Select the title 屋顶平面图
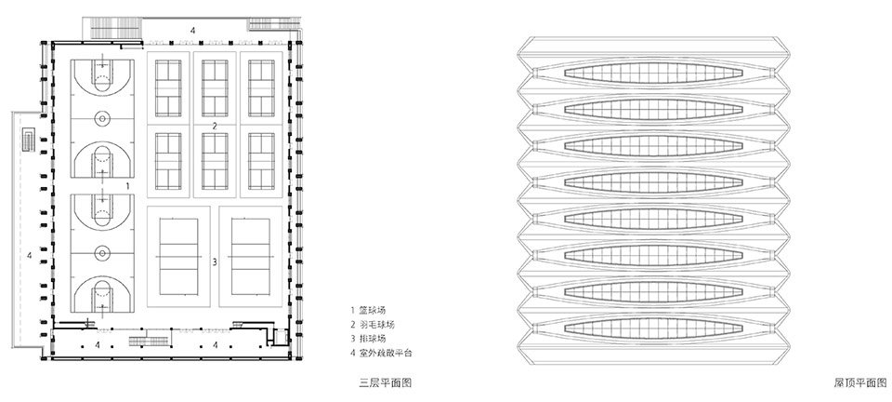860,382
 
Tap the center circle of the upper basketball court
102,118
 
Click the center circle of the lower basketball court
102,253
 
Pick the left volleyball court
178,256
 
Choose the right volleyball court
251,256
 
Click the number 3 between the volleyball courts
215,262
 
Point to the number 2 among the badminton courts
215,127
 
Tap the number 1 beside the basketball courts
127,185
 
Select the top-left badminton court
168,87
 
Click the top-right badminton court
262,87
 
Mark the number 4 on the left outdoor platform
30,256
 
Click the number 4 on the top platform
192,30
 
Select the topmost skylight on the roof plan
653,73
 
